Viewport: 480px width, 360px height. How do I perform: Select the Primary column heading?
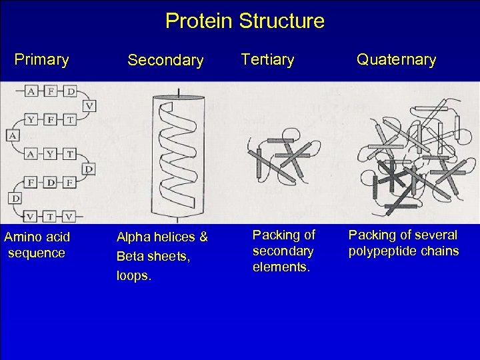[x=41, y=59]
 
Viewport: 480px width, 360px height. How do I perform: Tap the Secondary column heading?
[x=165, y=61]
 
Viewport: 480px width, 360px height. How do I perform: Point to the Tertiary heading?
[x=267, y=59]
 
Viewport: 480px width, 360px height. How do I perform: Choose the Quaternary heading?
[x=396, y=59]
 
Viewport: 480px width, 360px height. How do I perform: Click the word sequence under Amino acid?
[x=37, y=253]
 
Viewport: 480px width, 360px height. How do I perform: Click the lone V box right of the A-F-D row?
[x=89, y=105]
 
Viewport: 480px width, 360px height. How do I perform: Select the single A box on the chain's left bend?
[x=12, y=135]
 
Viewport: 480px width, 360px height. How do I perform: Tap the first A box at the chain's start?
[x=31, y=91]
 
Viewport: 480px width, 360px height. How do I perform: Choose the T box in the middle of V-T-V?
[x=51, y=216]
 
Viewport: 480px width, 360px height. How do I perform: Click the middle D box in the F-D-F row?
[x=51, y=182]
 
